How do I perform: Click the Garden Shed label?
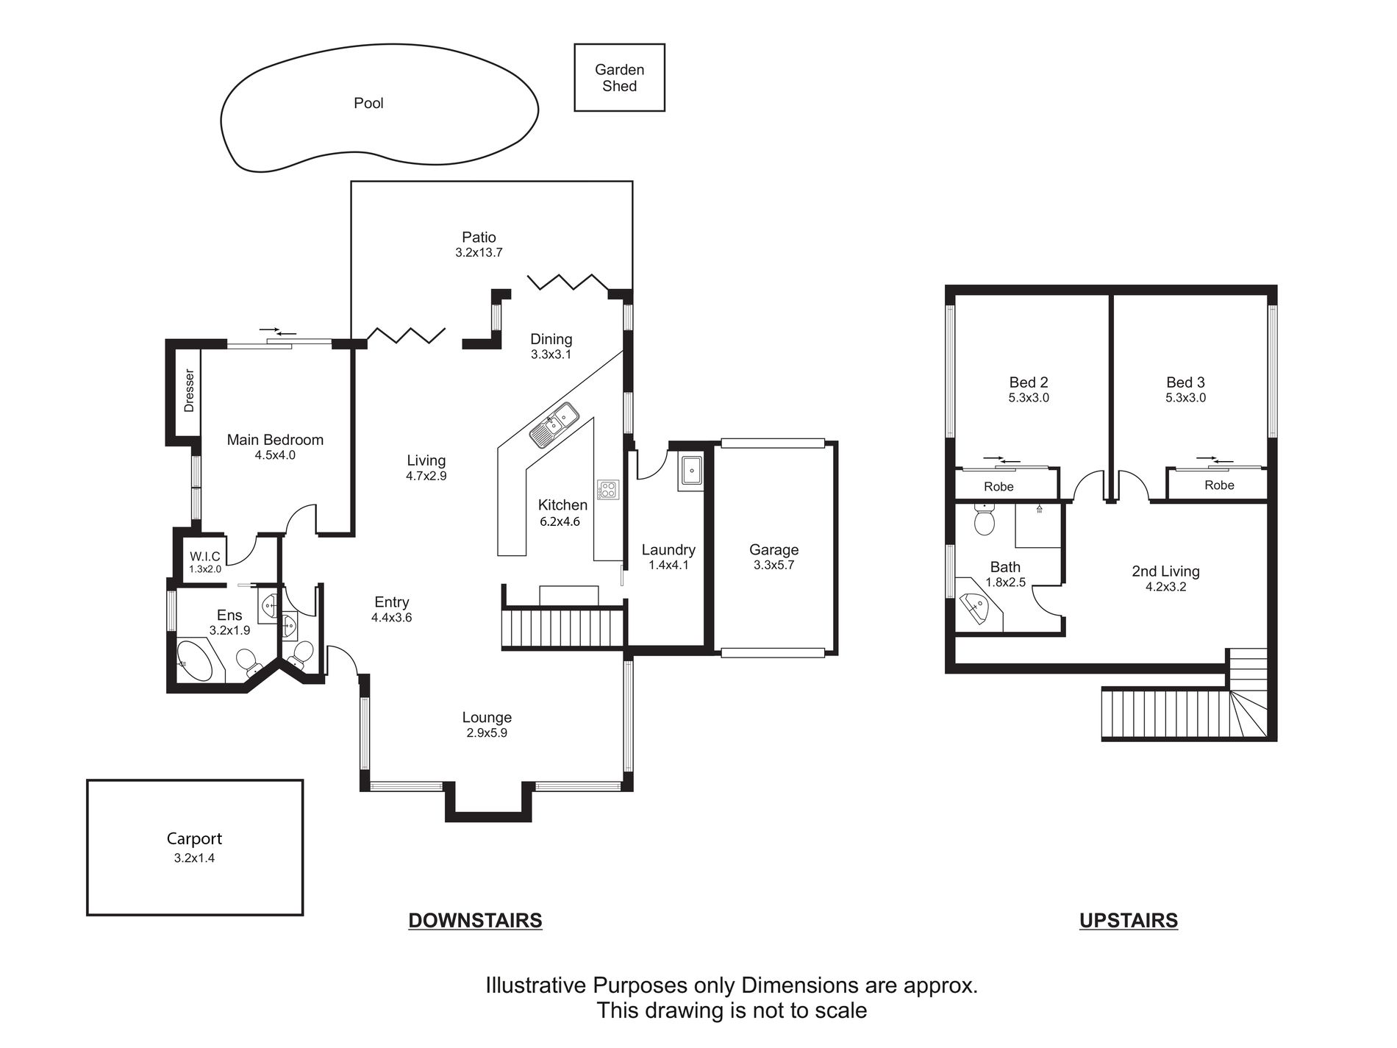[619, 78]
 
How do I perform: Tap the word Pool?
[368, 103]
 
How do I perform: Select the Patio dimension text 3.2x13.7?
[479, 252]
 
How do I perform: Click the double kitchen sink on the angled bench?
[556, 425]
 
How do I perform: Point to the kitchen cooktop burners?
[608, 489]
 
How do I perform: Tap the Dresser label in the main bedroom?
[189, 391]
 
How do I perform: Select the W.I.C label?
[205, 556]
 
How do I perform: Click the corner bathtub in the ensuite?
[195, 663]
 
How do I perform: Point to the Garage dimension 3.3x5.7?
[773, 565]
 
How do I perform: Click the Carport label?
[194, 838]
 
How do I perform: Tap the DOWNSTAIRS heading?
[475, 920]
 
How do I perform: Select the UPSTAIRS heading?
[1129, 920]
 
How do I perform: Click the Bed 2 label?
[1029, 382]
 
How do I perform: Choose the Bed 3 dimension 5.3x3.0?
[1185, 398]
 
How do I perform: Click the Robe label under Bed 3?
[1219, 485]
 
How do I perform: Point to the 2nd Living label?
[1165, 571]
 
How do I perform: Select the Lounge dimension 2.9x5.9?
[487, 732]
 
